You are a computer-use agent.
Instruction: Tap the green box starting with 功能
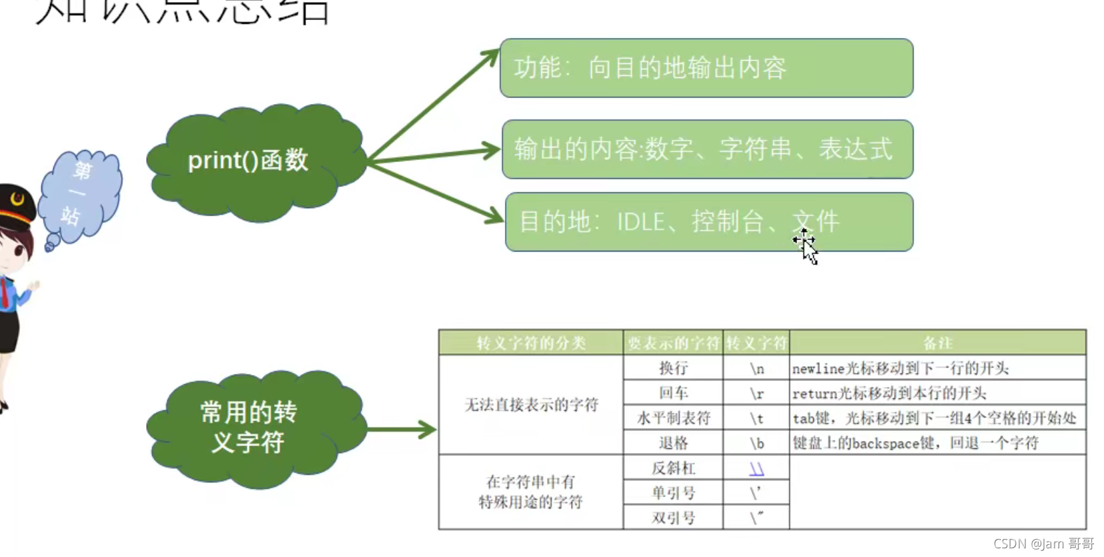point(706,68)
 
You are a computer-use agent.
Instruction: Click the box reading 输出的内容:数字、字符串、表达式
point(707,149)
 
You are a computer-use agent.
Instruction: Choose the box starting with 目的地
point(708,222)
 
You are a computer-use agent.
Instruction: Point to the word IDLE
point(640,222)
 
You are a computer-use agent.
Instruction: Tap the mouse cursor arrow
point(808,251)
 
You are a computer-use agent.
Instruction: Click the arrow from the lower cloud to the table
point(401,429)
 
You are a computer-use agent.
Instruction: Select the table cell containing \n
point(756,368)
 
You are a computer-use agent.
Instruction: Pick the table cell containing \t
point(756,418)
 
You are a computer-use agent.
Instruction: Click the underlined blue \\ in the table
point(756,469)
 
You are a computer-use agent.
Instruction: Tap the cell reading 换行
point(673,368)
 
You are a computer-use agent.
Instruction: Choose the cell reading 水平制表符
point(673,418)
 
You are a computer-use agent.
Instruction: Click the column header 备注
point(937,343)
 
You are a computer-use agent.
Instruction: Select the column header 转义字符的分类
point(531,343)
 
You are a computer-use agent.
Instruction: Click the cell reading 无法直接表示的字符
point(531,405)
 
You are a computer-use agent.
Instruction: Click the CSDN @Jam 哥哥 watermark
point(1043,544)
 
